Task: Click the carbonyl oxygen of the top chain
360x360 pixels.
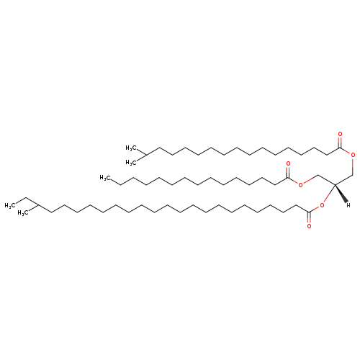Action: click(340, 134)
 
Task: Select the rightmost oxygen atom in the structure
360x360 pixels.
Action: click(353, 155)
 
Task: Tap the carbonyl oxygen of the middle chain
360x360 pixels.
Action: click(288, 164)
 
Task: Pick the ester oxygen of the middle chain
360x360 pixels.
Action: click(300, 184)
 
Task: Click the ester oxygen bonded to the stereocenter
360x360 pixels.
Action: click(322, 205)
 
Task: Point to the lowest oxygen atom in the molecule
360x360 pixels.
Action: click(309, 226)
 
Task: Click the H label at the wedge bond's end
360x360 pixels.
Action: click(348, 205)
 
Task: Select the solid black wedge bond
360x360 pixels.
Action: click(341, 194)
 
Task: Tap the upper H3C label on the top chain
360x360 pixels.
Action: click(131, 148)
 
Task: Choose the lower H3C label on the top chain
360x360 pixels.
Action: click(131, 163)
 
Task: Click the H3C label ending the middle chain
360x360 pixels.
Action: click(105, 178)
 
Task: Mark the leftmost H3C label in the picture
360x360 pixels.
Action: click(10, 206)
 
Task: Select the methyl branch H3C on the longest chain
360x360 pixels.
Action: click(23, 213)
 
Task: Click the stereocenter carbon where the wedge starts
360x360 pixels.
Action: click(335, 184)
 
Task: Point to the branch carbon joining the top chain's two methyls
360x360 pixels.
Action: click(146, 156)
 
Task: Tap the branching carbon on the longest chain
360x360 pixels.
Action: click(38, 205)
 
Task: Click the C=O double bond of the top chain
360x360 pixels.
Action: click(340, 143)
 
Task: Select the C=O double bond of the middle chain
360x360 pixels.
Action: click(288, 172)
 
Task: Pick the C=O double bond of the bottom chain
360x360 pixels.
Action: click(309, 217)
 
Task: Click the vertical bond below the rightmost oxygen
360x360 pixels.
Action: click(353, 166)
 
